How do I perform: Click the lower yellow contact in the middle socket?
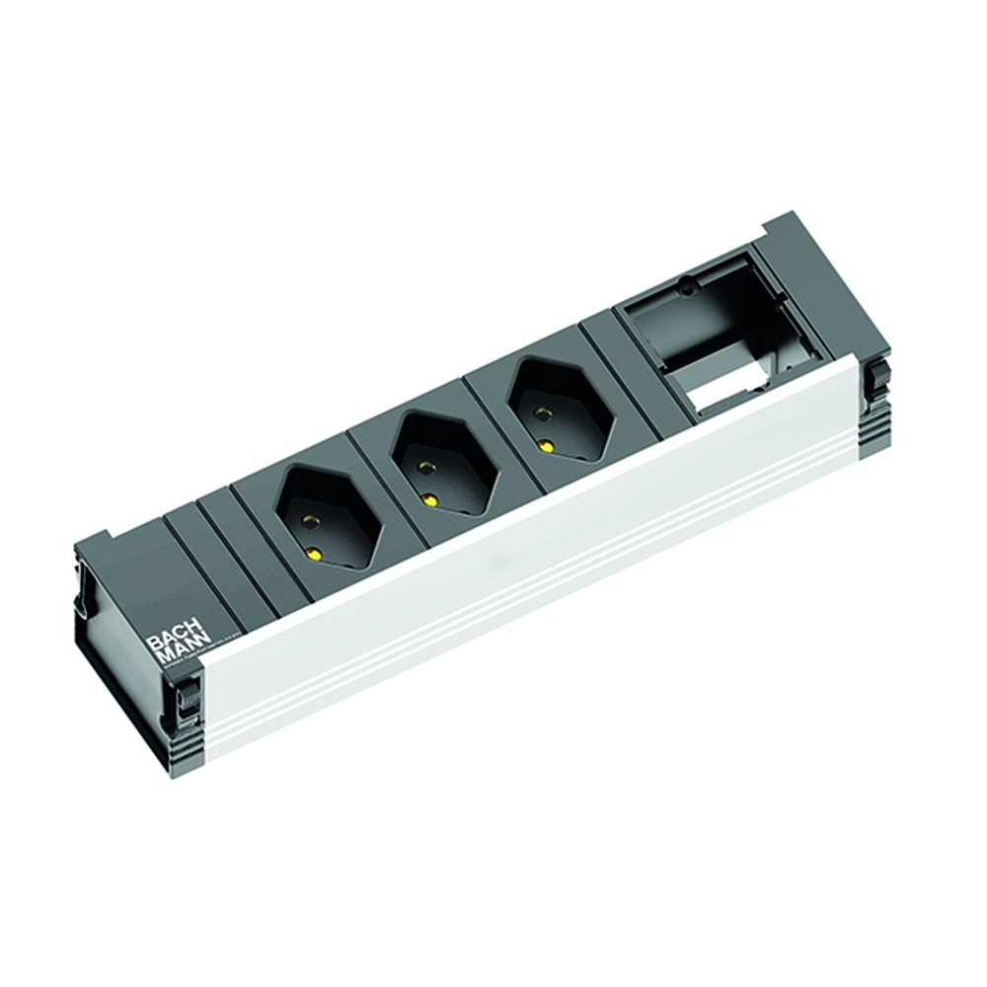coord(428,499)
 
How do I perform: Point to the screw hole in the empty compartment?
coord(683,291)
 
